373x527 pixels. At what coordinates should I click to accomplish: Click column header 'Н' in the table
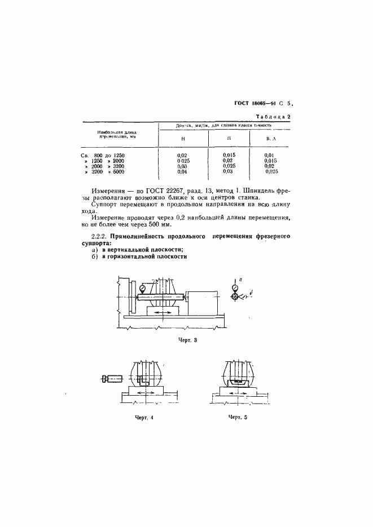(182, 138)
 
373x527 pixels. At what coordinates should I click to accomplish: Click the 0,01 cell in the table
(269, 155)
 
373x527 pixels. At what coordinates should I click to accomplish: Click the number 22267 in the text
(170, 193)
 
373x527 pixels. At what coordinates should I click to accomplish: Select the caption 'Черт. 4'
(144, 417)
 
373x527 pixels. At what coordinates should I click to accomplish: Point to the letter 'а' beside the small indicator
(241, 279)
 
